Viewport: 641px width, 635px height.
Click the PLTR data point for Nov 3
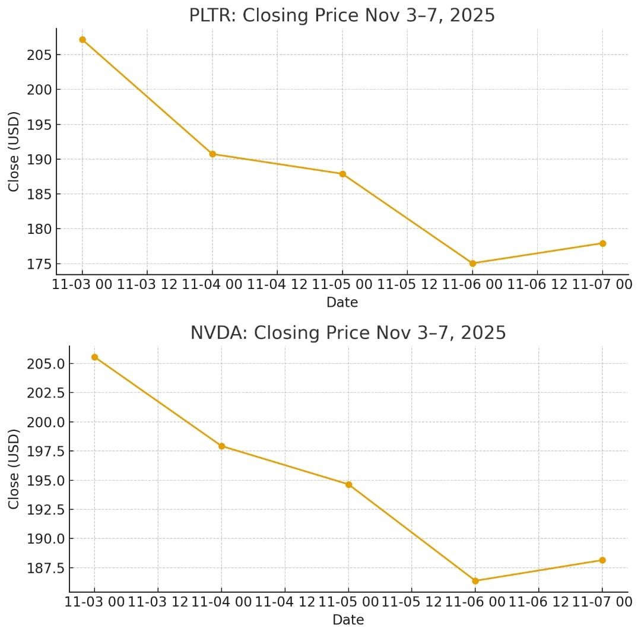82,40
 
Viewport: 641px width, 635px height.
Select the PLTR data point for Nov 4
212,154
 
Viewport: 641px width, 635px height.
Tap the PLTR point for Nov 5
342,174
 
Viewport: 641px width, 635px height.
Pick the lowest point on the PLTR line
472,263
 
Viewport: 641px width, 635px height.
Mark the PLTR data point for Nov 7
602,243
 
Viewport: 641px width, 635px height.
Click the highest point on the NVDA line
94,357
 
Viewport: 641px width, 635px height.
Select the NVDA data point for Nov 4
221,446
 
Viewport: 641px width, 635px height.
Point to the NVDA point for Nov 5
348,485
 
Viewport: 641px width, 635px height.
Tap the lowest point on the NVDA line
475,581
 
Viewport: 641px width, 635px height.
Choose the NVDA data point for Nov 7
602,560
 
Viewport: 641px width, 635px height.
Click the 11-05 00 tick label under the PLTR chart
342,284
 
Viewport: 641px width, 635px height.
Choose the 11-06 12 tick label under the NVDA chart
538,602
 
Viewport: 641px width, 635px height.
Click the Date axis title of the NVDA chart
348,620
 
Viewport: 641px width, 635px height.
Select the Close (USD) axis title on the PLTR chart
14,151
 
